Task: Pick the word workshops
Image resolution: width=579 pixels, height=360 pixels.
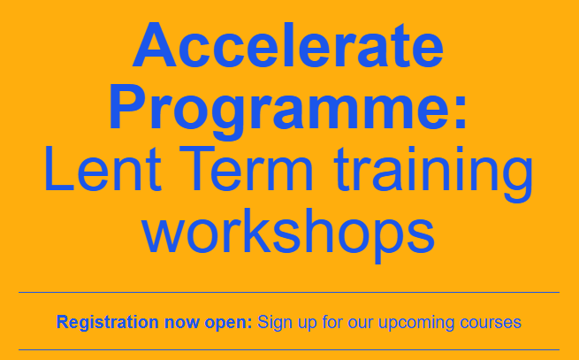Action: point(288,232)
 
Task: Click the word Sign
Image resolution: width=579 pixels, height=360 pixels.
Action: point(274,322)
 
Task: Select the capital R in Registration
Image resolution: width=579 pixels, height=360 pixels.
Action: point(62,322)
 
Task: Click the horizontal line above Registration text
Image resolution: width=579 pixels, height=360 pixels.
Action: point(288,291)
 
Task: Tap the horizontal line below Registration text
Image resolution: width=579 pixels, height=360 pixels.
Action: point(288,349)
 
